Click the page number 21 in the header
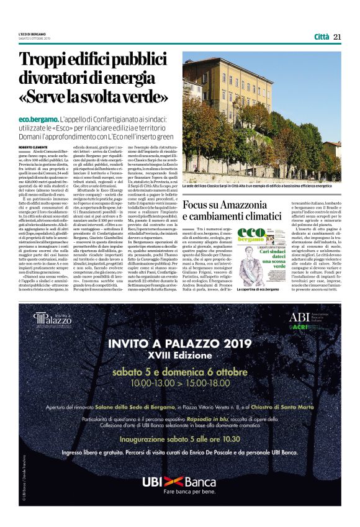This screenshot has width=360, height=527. [337, 37]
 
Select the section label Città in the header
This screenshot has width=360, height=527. [321, 37]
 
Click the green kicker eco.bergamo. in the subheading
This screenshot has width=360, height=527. [38, 119]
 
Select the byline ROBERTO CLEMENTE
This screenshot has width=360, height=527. [34, 147]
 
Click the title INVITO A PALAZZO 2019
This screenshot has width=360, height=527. [179, 345]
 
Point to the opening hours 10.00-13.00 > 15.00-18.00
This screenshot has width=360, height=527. [179, 384]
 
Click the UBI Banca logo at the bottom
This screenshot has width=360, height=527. [179, 482]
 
